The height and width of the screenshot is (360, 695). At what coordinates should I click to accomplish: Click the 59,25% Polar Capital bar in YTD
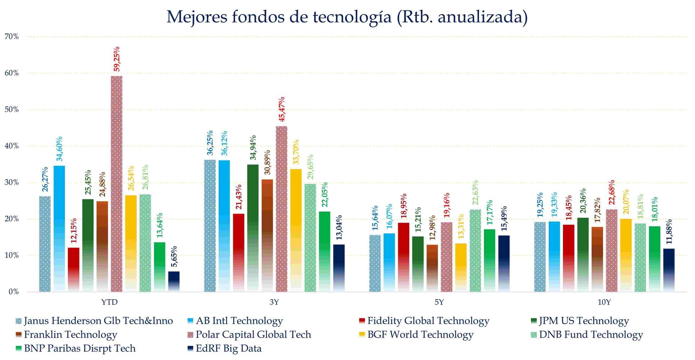(116, 184)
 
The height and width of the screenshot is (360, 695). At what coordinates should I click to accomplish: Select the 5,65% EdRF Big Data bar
(174, 282)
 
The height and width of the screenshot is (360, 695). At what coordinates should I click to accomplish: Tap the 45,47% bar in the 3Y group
(281, 209)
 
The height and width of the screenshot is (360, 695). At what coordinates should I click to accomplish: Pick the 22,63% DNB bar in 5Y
(475, 251)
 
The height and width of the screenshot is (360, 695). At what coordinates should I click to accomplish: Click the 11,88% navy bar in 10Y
(669, 270)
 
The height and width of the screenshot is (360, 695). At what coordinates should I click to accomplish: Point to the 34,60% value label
(59, 149)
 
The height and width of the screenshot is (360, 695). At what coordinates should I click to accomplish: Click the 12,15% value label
(73, 231)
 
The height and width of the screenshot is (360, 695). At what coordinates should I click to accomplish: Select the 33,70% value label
(296, 152)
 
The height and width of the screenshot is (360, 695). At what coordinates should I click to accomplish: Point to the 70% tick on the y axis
(12, 37)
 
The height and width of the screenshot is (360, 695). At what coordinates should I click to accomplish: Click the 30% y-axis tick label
(12, 183)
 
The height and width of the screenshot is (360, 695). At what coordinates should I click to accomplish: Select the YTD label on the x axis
(109, 302)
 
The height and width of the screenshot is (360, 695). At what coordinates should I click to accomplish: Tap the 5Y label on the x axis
(439, 302)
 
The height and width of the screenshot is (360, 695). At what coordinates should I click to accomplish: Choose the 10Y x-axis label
(604, 302)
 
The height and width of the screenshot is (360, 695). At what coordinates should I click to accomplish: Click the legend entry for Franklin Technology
(71, 335)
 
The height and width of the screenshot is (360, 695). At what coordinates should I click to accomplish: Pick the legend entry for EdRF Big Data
(229, 348)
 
